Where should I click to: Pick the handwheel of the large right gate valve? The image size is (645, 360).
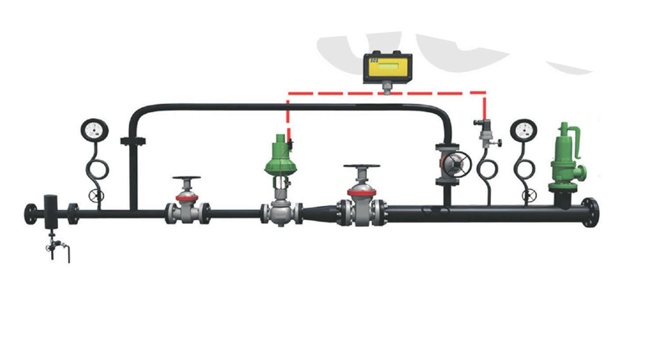tap(361, 170)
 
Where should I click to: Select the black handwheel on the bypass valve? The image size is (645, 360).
tap(453, 162)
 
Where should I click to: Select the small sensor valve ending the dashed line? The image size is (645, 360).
tap(485, 130)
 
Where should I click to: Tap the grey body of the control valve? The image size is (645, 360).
tap(277, 210)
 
